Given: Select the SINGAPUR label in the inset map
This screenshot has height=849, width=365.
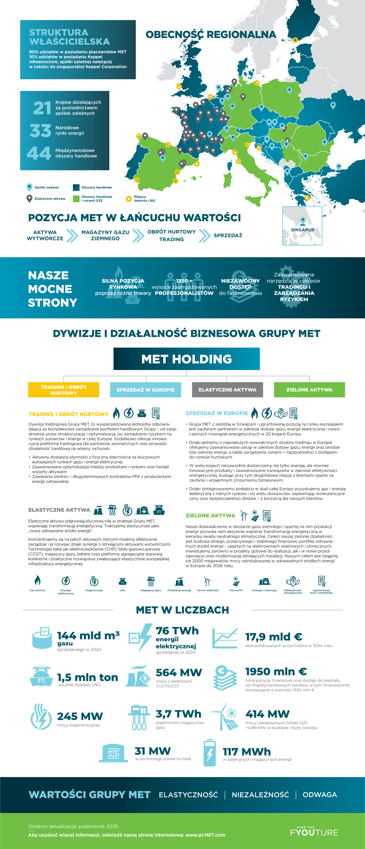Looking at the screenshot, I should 302,230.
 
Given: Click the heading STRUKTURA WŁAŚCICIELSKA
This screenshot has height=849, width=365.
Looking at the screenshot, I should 69,37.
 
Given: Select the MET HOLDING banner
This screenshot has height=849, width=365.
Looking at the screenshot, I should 187,359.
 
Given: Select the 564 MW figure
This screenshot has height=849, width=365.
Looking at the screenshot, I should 179,672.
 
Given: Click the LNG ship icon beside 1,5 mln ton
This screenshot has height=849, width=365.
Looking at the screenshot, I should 41,676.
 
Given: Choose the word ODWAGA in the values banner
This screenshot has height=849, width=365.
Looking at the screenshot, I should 320,795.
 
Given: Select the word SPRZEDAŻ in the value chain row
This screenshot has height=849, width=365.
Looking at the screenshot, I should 228,235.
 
